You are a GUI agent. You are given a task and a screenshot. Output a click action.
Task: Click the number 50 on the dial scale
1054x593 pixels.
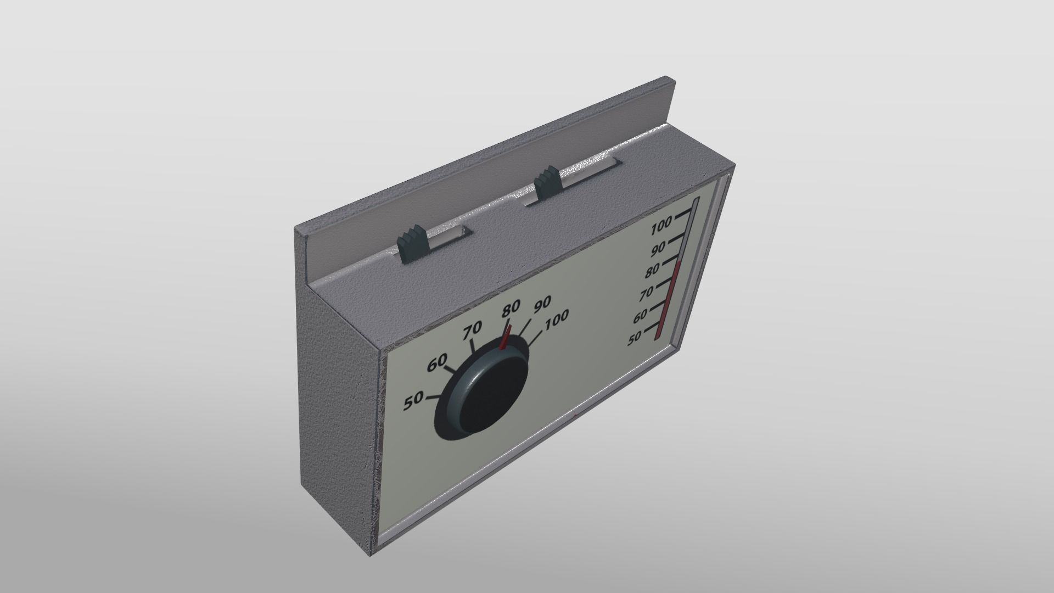(x=413, y=401)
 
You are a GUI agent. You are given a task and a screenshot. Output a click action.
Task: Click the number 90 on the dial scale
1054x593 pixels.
(x=541, y=304)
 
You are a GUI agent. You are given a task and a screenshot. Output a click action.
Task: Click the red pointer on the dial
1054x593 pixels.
(x=506, y=337)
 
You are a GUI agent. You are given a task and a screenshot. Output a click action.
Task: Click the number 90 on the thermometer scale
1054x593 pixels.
(x=658, y=250)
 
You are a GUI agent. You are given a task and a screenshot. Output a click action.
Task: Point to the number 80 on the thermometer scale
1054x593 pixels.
(x=652, y=271)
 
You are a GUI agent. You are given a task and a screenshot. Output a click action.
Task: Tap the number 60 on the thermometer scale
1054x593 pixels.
(x=640, y=317)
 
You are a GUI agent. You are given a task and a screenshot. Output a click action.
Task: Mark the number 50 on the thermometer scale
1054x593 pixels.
(x=635, y=339)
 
